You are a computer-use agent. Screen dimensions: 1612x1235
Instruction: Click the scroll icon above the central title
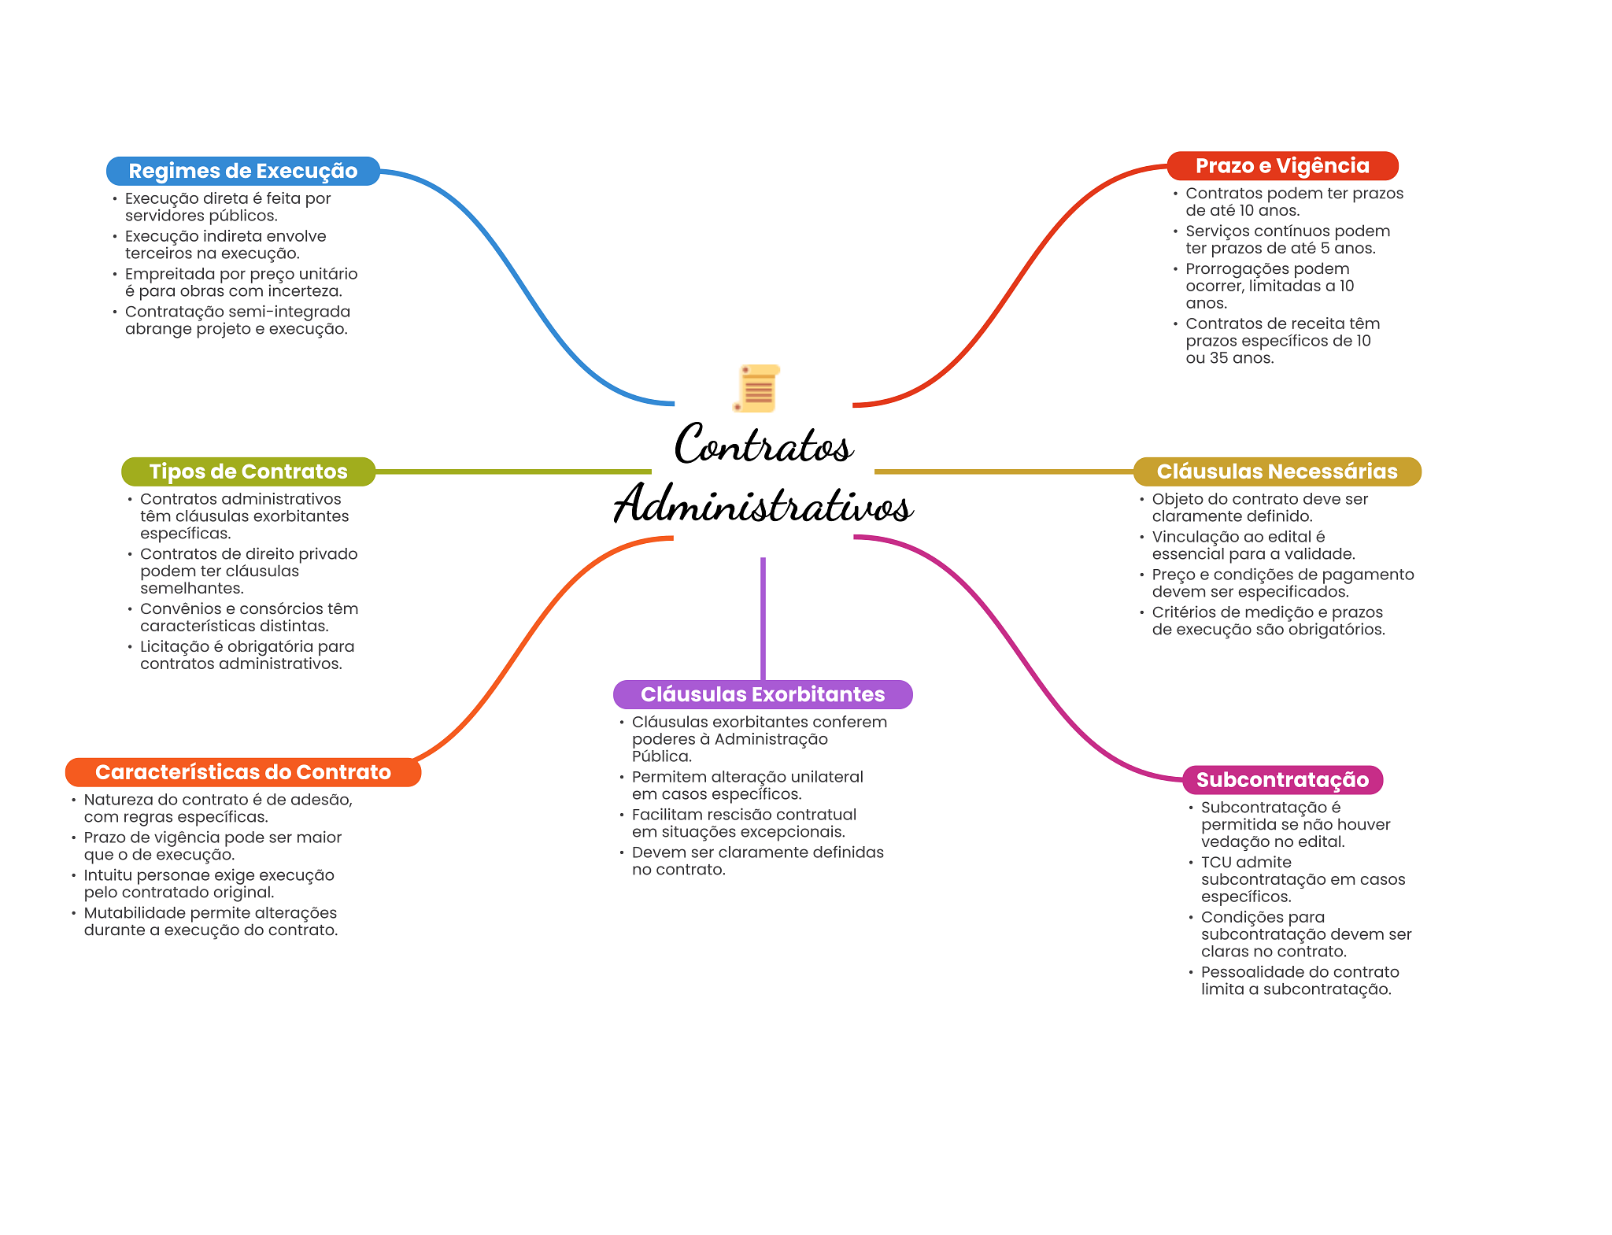tap(757, 388)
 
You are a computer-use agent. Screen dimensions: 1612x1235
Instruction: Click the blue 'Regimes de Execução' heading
tap(243, 171)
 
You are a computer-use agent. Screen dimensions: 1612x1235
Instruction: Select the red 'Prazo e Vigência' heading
tap(1282, 166)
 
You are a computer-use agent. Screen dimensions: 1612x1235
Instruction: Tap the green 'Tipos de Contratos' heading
tap(248, 471)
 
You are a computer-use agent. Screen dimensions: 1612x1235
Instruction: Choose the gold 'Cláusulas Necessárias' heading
tap(1277, 471)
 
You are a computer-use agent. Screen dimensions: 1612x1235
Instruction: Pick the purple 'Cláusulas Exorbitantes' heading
tap(763, 694)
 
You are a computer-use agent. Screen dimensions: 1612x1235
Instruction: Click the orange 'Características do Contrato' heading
tap(243, 772)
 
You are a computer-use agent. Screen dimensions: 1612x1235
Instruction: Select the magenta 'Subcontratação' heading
tap(1282, 780)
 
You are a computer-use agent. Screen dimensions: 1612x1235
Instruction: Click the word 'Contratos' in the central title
tap(763, 444)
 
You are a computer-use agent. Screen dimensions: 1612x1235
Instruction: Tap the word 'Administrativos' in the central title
tap(763, 504)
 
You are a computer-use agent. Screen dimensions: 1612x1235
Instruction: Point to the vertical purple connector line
tap(763, 619)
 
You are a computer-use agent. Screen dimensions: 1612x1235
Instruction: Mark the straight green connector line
tap(513, 471)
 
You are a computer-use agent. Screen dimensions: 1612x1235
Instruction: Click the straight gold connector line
tap(1004, 471)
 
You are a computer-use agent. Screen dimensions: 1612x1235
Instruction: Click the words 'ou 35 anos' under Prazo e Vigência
tap(1229, 358)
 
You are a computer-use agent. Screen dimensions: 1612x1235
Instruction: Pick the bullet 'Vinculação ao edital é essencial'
tap(1248, 545)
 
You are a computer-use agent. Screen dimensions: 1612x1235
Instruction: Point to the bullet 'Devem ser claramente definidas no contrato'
tap(752, 861)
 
